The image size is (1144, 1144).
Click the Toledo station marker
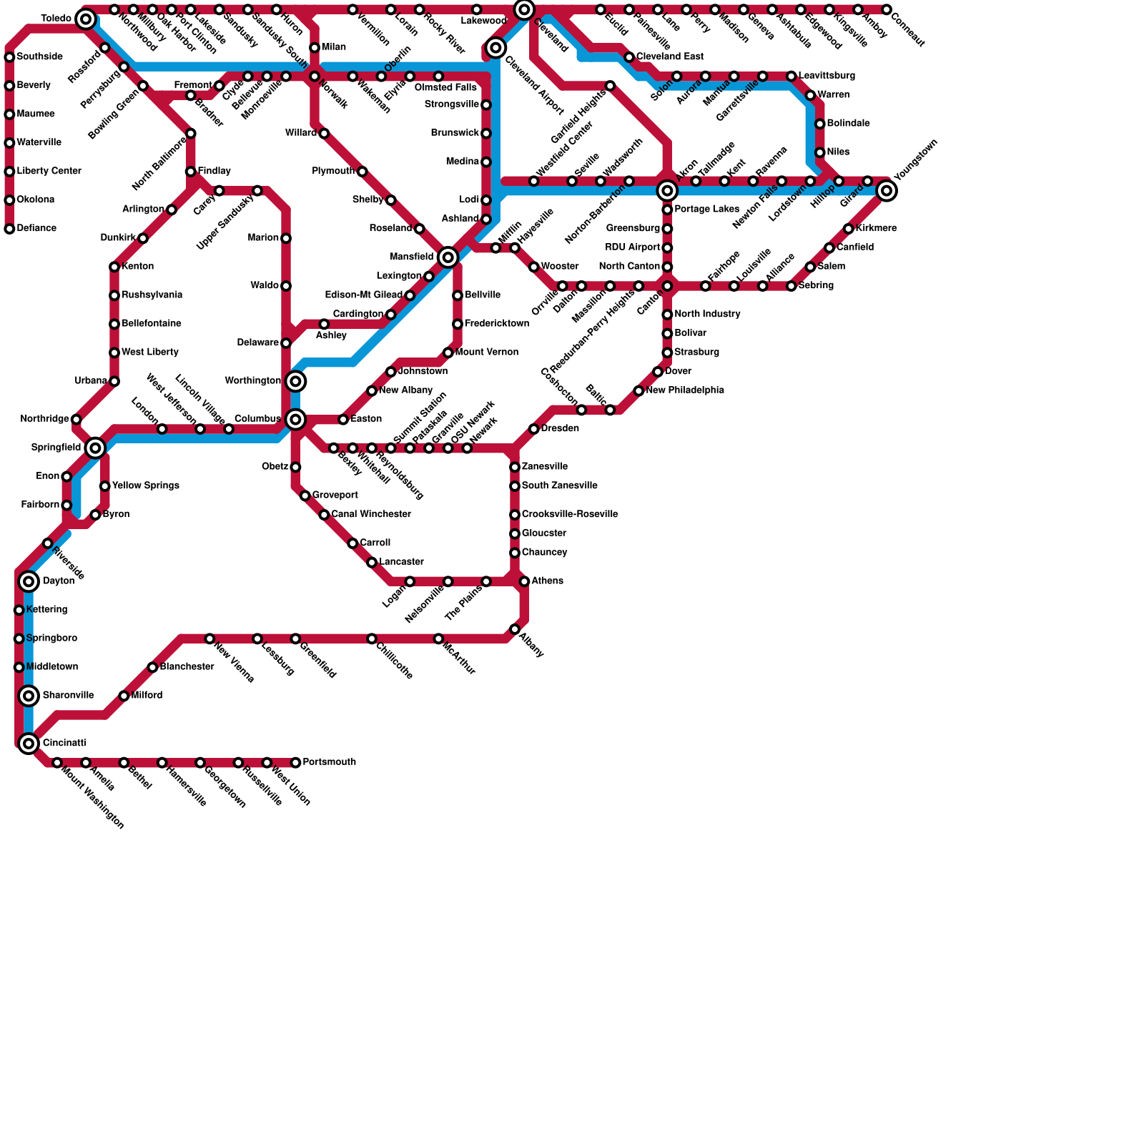coord(86,19)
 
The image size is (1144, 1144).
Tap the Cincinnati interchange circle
coord(29,744)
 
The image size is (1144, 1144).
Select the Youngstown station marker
coord(887,190)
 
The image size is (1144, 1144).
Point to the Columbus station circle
coord(295,420)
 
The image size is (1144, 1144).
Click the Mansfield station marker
coord(448,257)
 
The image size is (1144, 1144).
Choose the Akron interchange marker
coord(667,190)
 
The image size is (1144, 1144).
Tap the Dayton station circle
coord(29,581)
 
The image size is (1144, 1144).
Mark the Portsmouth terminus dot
coord(295,763)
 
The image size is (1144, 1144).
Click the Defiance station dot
coord(9,229)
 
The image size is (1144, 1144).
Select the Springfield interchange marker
coord(95,448)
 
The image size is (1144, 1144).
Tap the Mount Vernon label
coord(487,352)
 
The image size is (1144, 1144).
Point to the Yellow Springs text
coord(146,486)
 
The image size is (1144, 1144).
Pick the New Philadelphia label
coord(685,390)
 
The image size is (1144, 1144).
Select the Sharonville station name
coord(68,696)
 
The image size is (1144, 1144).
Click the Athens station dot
coord(524,581)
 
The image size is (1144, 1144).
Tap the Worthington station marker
coord(295,381)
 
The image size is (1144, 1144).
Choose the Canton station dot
coord(667,286)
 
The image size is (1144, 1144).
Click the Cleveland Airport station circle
coord(495,48)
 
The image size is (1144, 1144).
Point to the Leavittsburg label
coord(827,76)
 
